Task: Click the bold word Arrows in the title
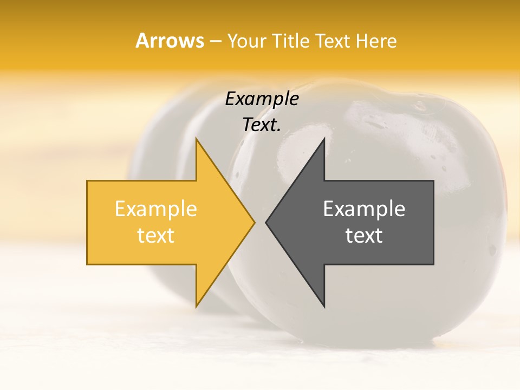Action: [x=170, y=41]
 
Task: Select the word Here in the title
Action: [x=375, y=41]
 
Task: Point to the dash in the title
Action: [x=215, y=41]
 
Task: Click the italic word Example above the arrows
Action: [x=262, y=99]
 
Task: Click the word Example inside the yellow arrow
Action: [x=156, y=209]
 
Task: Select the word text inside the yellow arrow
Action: [x=156, y=236]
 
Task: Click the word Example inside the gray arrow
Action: [x=364, y=209]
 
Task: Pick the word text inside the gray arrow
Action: [x=364, y=236]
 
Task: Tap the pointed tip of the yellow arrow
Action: [x=254, y=222]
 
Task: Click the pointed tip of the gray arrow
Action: [x=266, y=222]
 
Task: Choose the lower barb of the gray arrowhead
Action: [x=324, y=306]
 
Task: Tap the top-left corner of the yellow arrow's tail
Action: [x=88, y=181]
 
